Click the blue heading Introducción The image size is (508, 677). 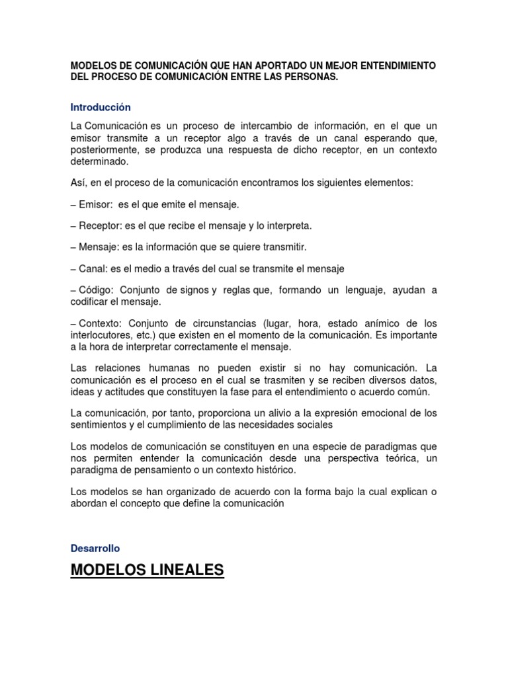click(101, 107)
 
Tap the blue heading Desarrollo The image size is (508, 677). click(95, 548)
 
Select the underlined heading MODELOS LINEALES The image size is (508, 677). click(148, 569)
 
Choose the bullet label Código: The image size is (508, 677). click(97, 290)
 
